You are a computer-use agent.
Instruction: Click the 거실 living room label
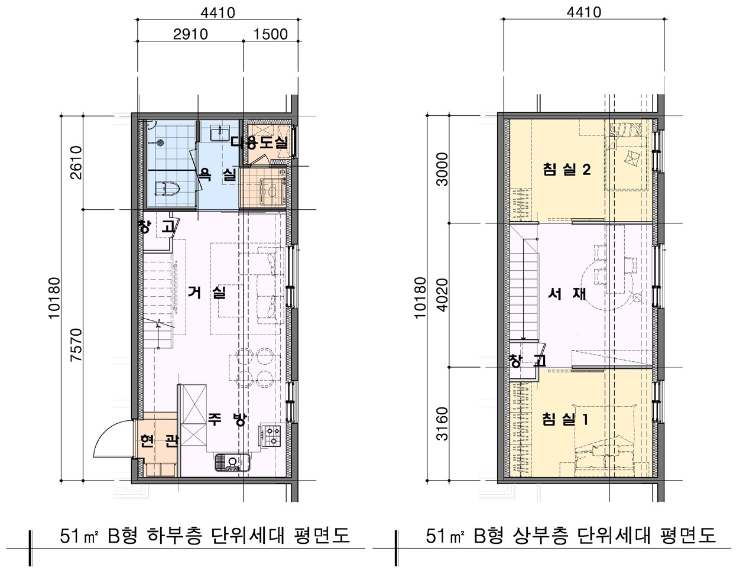tap(207, 292)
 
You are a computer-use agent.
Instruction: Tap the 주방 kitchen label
tap(226, 419)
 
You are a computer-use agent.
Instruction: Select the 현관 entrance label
tap(158, 442)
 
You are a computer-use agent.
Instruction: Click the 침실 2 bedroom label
tap(567, 170)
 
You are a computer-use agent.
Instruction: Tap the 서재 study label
tap(566, 294)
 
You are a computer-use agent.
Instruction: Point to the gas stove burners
tap(273, 435)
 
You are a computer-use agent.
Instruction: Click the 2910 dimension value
tap(190, 34)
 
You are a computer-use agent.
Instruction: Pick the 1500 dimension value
tap(270, 34)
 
